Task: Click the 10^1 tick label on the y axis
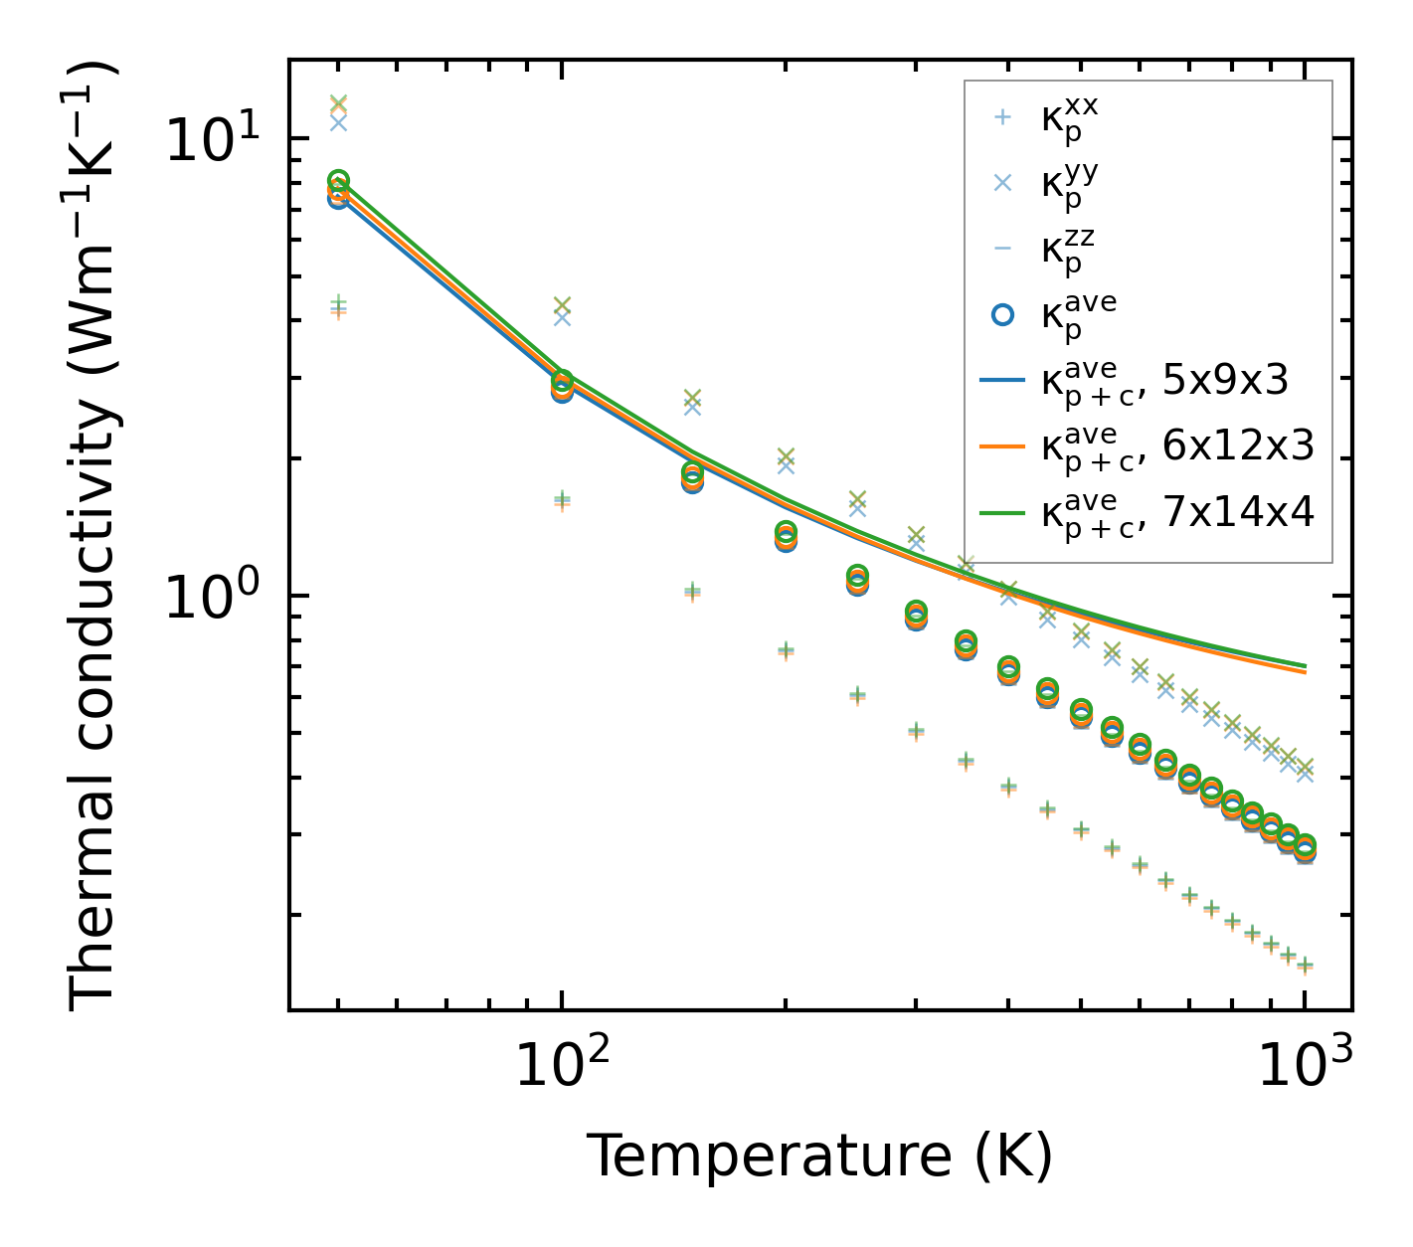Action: tap(209, 138)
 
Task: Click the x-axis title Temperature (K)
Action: tap(819, 1156)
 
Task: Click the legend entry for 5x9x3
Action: tap(1163, 381)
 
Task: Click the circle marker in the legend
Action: tap(1003, 314)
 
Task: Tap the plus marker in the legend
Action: tap(1003, 117)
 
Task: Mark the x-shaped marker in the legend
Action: tap(1003, 183)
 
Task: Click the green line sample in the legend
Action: tap(1003, 513)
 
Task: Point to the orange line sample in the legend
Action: tap(1003, 447)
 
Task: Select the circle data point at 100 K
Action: tap(562, 387)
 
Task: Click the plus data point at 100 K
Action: tap(562, 500)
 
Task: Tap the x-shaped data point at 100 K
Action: tap(562, 310)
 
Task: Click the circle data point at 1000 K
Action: tap(1306, 847)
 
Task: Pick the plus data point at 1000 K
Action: tap(1306, 965)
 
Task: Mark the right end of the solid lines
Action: tap(1305, 668)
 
